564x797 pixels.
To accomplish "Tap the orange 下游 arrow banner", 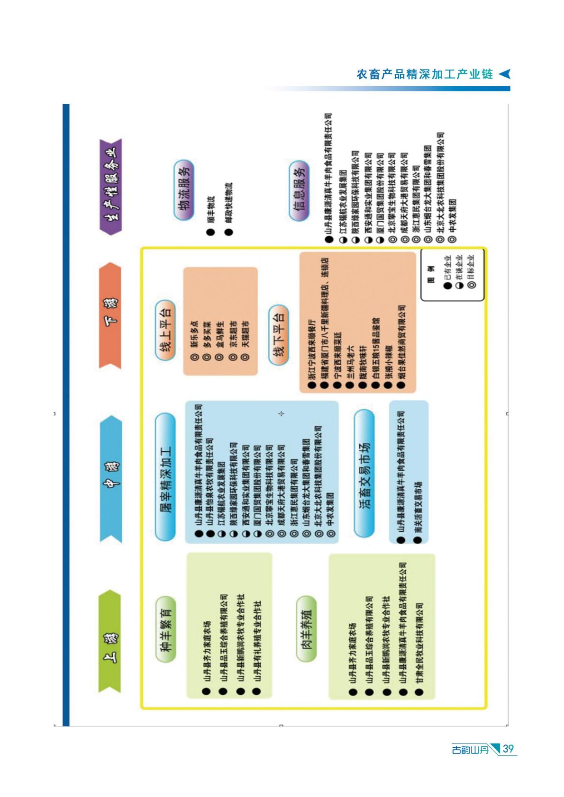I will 110,315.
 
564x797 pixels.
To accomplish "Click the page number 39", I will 508,749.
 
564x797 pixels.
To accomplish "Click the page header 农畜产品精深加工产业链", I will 424,74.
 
